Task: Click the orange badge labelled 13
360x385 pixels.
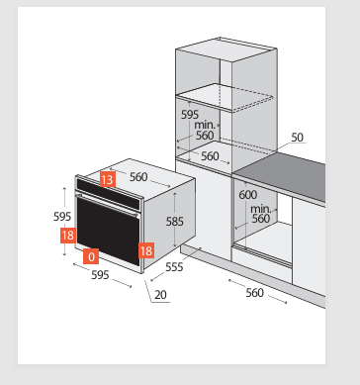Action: tap(108, 179)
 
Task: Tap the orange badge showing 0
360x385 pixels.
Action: tap(91, 256)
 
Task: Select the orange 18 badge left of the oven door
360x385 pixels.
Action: tap(68, 236)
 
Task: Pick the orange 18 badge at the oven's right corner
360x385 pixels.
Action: tap(146, 250)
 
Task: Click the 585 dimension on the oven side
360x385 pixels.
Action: tap(174, 222)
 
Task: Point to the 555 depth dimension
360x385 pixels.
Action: tap(174, 266)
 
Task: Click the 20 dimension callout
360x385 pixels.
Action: tap(160, 295)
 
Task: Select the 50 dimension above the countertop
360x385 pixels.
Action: tap(297, 138)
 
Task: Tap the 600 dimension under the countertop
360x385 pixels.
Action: tap(248, 195)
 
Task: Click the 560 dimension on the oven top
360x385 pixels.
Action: tap(138, 177)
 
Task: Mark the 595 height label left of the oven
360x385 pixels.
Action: tap(62, 217)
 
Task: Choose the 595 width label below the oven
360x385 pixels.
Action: tap(100, 274)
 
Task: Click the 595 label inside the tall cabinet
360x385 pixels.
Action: tap(190, 115)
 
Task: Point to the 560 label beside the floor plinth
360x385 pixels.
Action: tap(254, 292)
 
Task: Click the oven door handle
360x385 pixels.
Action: tap(107, 205)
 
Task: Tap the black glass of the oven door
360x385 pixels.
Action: tap(108, 232)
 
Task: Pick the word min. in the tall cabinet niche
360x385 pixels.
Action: tap(205, 125)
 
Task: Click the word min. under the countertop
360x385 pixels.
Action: tap(260, 209)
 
